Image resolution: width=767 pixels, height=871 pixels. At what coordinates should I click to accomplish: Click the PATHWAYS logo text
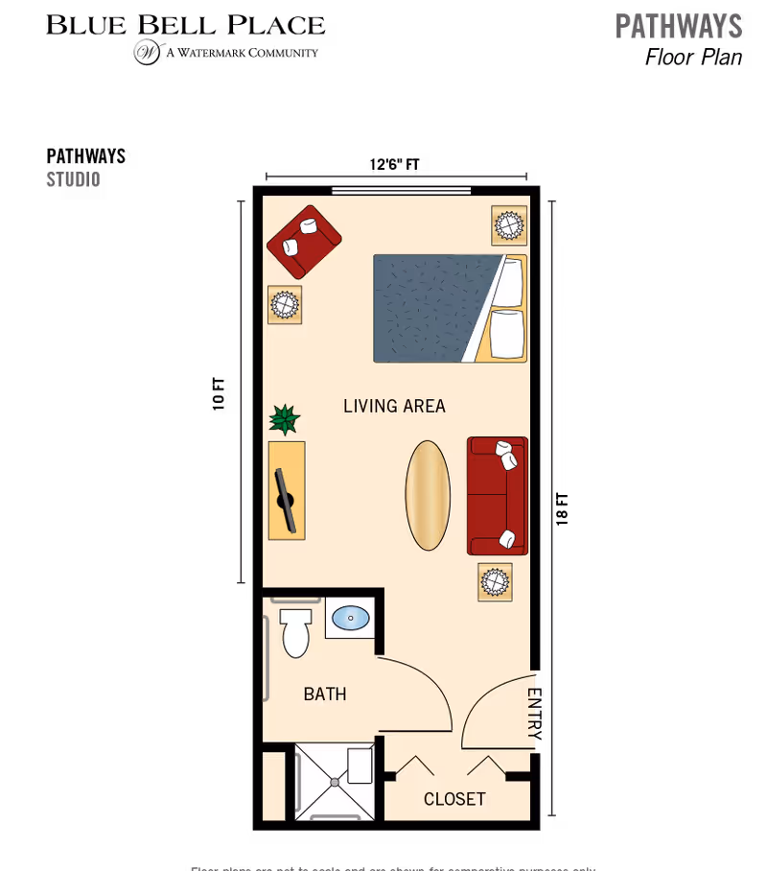pyautogui.click(x=679, y=26)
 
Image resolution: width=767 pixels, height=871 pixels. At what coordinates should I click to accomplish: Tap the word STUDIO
pyautogui.click(x=74, y=179)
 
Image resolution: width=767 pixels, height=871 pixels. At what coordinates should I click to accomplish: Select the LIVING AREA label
pyautogui.click(x=394, y=406)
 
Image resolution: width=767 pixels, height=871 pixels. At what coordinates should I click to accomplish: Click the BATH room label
pyautogui.click(x=325, y=694)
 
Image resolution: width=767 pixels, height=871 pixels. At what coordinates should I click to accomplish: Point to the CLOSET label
pyautogui.click(x=454, y=799)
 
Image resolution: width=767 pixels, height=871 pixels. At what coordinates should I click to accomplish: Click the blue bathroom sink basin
pyautogui.click(x=351, y=617)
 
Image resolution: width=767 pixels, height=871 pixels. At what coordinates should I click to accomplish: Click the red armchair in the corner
pyautogui.click(x=304, y=241)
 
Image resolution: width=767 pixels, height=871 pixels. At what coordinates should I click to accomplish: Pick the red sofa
pyautogui.click(x=498, y=496)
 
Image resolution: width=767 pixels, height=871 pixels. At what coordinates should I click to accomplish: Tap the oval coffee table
pyautogui.click(x=428, y=495)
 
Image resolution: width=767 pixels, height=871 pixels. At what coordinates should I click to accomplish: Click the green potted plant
pyautogui.click(x=284, y=419)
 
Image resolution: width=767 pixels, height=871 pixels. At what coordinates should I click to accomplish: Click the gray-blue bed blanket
pyautogui.click(x=431, y=307)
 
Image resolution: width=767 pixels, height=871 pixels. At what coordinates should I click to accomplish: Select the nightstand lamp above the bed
pyautogui.click(x=509, y=226)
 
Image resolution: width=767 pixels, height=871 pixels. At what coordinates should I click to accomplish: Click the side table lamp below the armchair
pyautogui.click(x=285, y=305)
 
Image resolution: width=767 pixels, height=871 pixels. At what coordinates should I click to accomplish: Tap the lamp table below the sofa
pyautogui.click(x=495, y=582)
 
